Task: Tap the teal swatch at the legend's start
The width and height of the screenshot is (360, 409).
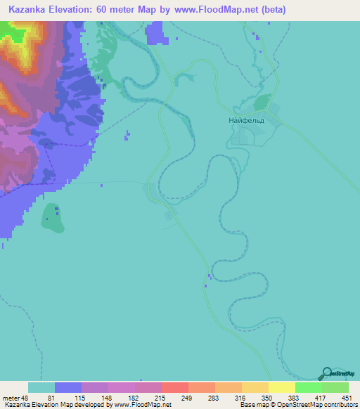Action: tap(41, 387)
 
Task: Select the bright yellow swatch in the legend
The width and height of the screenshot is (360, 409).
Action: tap(281, 387)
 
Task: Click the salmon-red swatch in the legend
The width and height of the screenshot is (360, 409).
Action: tap(174, 387)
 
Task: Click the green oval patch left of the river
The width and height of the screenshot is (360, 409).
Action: tap(51, 218)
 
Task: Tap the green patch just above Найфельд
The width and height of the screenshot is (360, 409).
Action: tap(261, 103)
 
